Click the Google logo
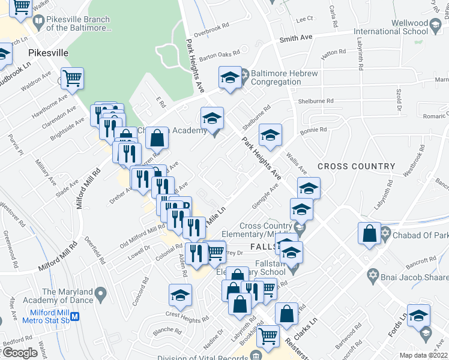(20, 353)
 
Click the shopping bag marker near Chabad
(370, 233)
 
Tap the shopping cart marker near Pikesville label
(72, 78)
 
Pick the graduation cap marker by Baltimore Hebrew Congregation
(229, 77)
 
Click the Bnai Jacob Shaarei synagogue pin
(373, 275)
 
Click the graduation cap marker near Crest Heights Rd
(179, 295)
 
